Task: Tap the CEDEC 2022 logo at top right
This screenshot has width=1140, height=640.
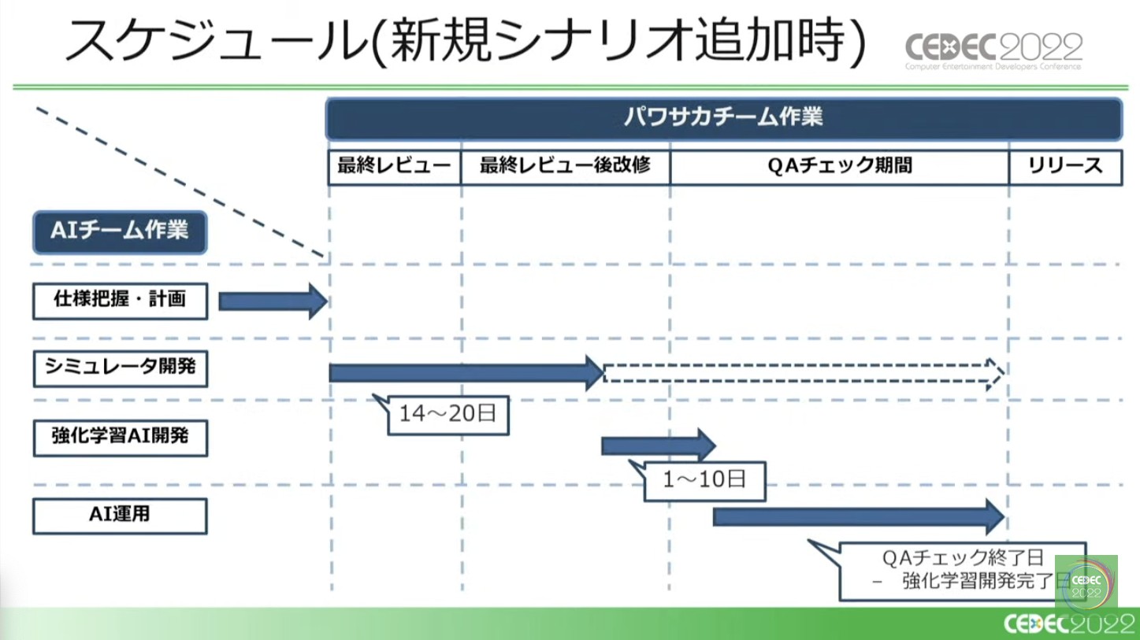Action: pyautogui.click(x=993, y=50)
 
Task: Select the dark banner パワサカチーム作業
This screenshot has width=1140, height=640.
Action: pyautogui.click(x=723, y=119)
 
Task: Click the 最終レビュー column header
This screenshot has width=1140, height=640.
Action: pyautogui.click(x=394, y=166)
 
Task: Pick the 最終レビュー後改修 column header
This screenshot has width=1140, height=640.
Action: pyautogui.click(x=565, y=166)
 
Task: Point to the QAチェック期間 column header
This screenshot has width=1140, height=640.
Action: pyautogui.click(x=839, y=166)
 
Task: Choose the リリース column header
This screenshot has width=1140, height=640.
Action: pyautogui.click(x=1065, y=166)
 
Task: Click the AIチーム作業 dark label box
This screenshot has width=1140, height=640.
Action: pyautogui.click(x=120, y=231)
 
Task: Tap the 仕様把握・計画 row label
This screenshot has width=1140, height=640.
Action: pyautogui.click(x=120, y=301)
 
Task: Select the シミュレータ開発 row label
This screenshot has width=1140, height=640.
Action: pyautogui.click(x=120, y=368)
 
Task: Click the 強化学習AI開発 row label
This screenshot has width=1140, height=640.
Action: pyautogui.click(x=120, y=437)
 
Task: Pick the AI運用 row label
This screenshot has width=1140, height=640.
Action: pyautogui.click(x=120, y=516)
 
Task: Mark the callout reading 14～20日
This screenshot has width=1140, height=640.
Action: pyautogui.click(x=447, y=414)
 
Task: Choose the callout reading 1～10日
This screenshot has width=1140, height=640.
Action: pyautogui.click(x=704, y=479)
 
